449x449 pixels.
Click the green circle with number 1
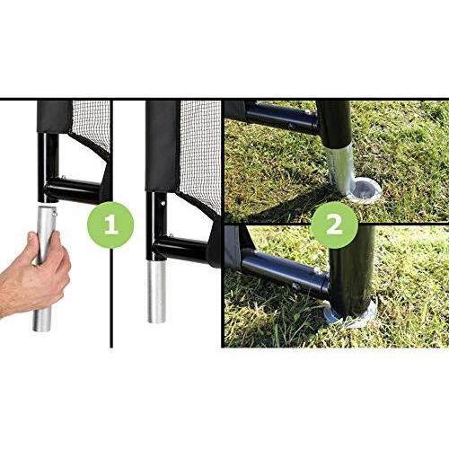tap(110, 224)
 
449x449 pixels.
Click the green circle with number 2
tap(334, 225)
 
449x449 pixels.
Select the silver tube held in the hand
tap(44, 268)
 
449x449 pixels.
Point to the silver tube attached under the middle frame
tap(156, 291)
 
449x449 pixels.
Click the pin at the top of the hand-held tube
tap(55, 214)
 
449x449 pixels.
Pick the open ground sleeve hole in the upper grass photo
tap(365, 189)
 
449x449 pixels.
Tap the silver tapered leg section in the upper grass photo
tap(340, 168)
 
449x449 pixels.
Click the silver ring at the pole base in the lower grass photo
tap(351, 316)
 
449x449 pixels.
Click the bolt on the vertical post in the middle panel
tap(163, 203)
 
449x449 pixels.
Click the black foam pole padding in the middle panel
tap(163, 146)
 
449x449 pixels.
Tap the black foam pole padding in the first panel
tap(55, 117)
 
